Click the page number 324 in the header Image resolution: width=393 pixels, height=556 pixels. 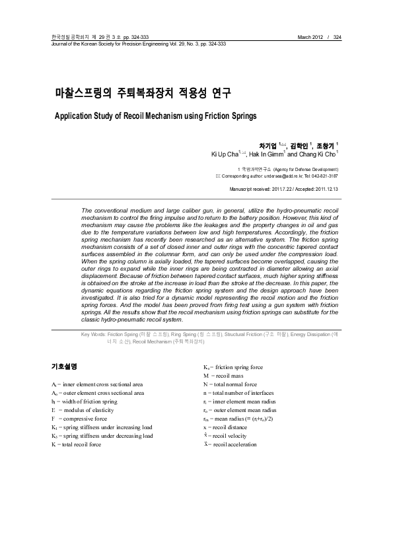(x=338, y=37)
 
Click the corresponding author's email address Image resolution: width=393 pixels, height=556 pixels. (x=277, y=176)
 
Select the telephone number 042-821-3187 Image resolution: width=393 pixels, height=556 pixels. (x=324, y=176)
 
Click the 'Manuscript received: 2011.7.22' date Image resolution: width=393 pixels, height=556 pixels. (x=260, y=190)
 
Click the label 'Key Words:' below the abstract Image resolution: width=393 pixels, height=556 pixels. (x=93, y=335)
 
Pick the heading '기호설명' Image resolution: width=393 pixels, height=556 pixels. (x=64, y=365)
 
